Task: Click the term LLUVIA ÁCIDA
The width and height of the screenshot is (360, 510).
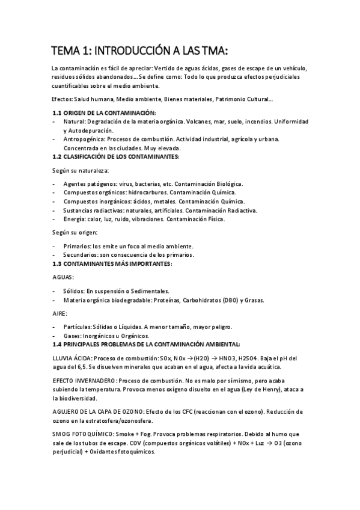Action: (72, 358)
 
